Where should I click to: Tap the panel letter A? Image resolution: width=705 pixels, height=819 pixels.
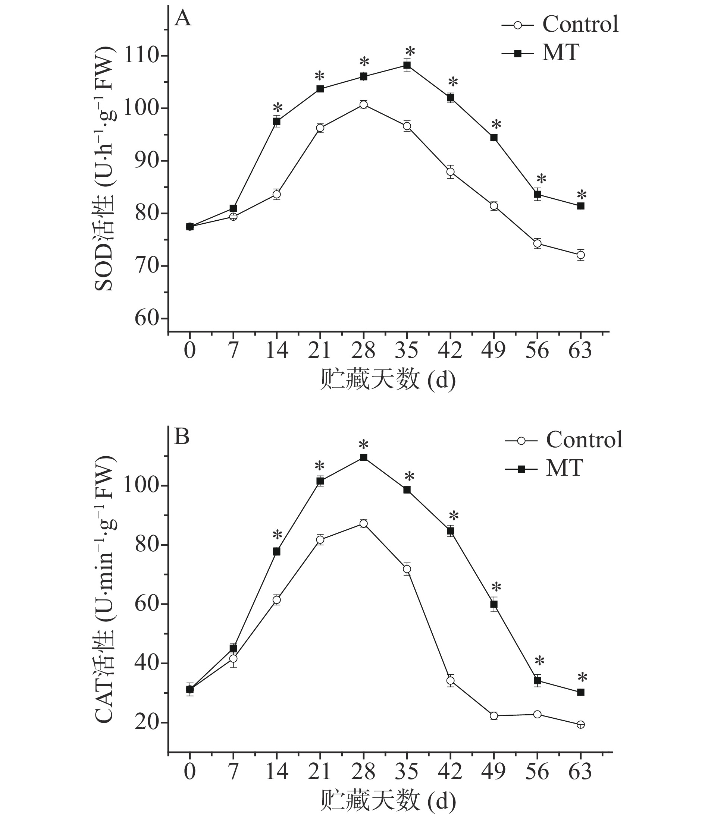coord(183,19)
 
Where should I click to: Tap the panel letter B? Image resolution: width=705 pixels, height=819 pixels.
coord(182,437)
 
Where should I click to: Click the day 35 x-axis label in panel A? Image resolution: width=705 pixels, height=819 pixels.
coord(407,350)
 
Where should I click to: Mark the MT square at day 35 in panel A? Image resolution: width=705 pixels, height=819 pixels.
coord(407,65)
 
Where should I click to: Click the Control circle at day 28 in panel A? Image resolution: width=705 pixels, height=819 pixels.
coord(364,105)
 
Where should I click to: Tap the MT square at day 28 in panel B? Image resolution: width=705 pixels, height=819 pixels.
coord(364,458)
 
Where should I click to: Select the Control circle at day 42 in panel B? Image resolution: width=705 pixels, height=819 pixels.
coord(450,681)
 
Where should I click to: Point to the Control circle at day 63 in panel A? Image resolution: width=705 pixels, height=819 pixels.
coord(580,255)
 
